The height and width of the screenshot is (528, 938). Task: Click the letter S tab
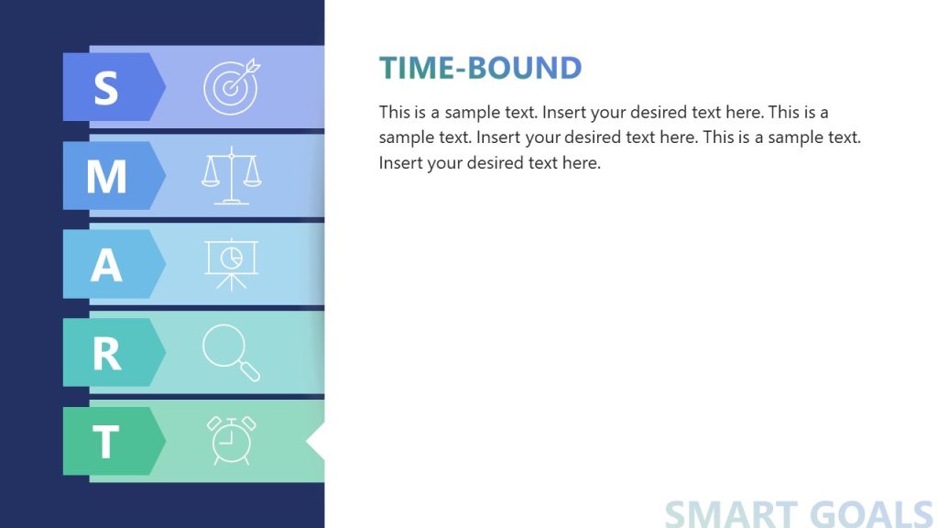107,87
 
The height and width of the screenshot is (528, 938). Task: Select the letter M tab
107,176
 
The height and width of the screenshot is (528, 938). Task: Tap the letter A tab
107,264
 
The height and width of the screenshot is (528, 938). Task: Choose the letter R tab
107,353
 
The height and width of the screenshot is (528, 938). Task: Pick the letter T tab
107,441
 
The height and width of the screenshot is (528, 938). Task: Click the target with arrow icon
232,87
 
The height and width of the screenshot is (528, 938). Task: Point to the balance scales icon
232,175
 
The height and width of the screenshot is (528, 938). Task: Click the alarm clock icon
232,440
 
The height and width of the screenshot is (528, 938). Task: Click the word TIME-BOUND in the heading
481,68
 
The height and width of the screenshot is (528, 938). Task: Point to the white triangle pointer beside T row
316,441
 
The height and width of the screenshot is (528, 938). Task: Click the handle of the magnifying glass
249,371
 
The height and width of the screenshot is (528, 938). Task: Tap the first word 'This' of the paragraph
395,113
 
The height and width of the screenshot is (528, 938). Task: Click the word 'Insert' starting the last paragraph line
400,164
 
